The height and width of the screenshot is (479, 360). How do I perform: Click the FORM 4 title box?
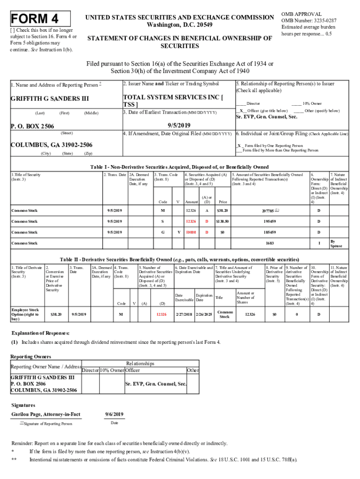point(40,19)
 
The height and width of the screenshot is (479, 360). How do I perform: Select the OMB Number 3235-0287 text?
point(309,21)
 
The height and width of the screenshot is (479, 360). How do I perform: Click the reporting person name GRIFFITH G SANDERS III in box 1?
point(49,99)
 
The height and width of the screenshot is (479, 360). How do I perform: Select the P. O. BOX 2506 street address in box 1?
point(32,126)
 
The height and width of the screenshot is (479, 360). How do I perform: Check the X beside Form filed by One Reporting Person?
point(239,146)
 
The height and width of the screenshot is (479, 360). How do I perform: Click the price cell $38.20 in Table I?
point(222,210)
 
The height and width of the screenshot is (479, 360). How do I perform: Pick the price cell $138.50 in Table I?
point(222,221)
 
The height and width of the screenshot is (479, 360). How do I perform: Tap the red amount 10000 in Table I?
point(190,232)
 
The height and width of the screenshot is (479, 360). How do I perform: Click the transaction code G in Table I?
point(163,232)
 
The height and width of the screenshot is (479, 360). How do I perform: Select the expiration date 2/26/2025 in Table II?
point(204,314)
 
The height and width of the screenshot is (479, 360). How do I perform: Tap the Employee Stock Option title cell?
point(25,314)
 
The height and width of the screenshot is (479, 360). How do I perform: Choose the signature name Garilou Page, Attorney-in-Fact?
point(46,414)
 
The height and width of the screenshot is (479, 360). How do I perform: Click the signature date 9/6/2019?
point(115,414)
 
